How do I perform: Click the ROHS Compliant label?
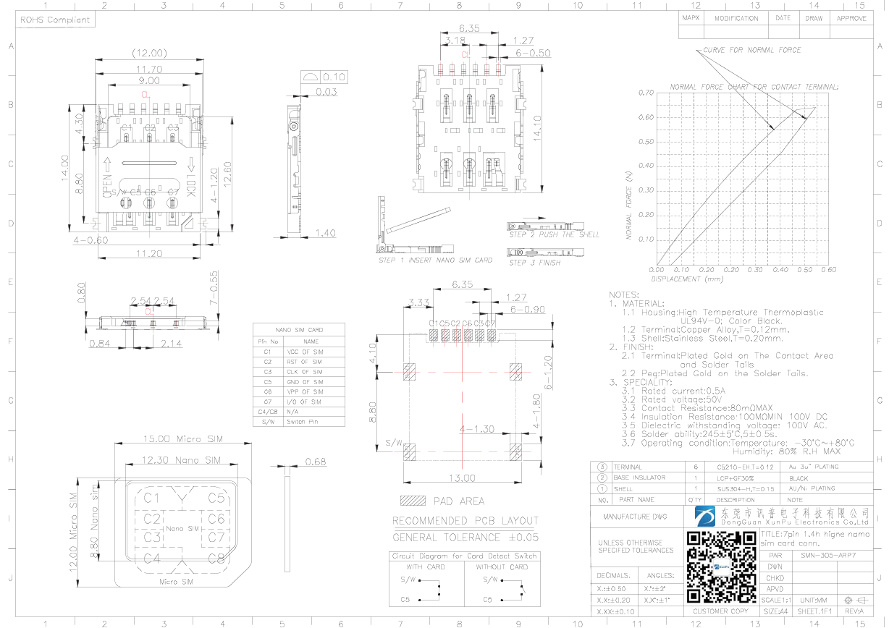click(x=55, y=20)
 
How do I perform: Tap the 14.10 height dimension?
click(x=536, y=128)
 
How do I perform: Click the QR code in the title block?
click(x=721, y=567)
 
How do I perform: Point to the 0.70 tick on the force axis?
click(x=646, y=93)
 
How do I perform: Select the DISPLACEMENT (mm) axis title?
click(x=687, y=279)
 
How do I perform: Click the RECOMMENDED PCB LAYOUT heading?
click(x=465, y=521)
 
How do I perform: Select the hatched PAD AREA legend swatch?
click(x=413, y=501)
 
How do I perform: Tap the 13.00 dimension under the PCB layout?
click(x=463, y=478)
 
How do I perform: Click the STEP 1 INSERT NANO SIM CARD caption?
click(x=435, y=260)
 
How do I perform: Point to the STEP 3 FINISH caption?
click(x=534, y=263)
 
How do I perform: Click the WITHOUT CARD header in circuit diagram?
click(x=502, y=567)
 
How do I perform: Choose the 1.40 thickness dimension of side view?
click(x=326, y=234)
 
